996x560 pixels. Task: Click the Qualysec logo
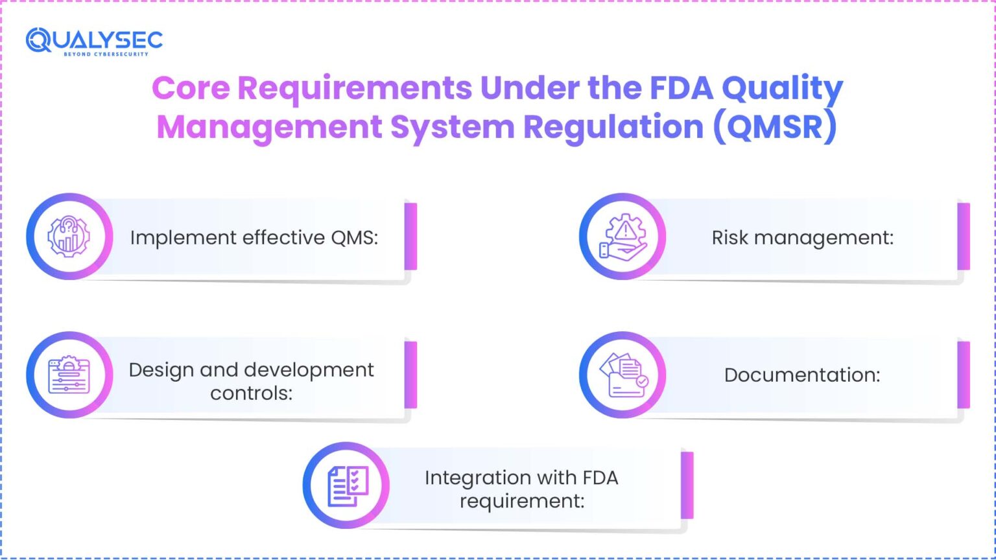[94, 40]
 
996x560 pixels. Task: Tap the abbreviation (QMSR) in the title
[775, 126]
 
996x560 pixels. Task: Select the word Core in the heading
[191, 87]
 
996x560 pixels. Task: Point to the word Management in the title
[269, 126]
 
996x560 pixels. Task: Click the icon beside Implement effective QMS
[69, 237]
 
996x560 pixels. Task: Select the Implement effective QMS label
[254, 237]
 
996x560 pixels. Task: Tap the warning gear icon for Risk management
[622, 237]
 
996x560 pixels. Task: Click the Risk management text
[802, 237]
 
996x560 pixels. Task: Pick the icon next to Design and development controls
[69, 375]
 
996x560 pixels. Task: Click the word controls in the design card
[251, 393]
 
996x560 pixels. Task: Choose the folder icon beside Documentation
[622, 375]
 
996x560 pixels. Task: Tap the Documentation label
[802, 375]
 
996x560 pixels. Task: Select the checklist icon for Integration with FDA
[346, 485]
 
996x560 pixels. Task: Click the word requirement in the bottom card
[522, 501]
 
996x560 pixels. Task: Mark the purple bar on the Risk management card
[964, 237]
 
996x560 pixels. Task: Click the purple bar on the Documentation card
[964, 375]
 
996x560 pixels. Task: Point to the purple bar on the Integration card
[687, 485]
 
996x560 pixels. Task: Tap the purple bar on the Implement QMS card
[410, 237]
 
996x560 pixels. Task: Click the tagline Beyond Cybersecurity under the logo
[106, 54]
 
